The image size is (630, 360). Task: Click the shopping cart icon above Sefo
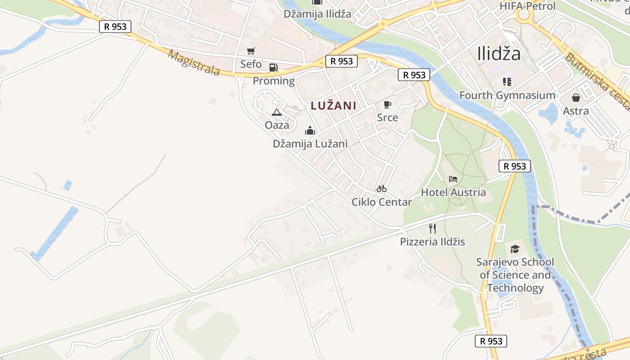251,51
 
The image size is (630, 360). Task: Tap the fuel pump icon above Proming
273,68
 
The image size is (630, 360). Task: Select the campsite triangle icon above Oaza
277,112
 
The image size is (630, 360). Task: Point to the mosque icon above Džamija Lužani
310,131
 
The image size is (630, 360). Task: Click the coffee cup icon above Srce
387,105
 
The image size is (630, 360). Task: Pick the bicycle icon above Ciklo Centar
382,189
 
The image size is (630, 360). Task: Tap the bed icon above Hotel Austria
453,179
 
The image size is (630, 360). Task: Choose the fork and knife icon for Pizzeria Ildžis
432,229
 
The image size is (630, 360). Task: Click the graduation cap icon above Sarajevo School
515,249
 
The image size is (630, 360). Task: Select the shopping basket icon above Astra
576,98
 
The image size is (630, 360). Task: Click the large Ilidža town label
499,54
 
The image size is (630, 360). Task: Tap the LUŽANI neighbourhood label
333,106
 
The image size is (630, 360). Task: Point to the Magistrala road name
193,63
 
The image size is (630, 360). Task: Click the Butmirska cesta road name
596,81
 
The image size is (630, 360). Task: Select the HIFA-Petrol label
527,6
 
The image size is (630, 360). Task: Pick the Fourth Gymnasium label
507,95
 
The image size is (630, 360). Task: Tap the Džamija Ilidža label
317,14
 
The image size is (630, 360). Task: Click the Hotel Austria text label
453,193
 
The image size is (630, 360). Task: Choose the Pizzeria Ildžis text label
432,242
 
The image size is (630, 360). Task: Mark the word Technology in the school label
515,288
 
